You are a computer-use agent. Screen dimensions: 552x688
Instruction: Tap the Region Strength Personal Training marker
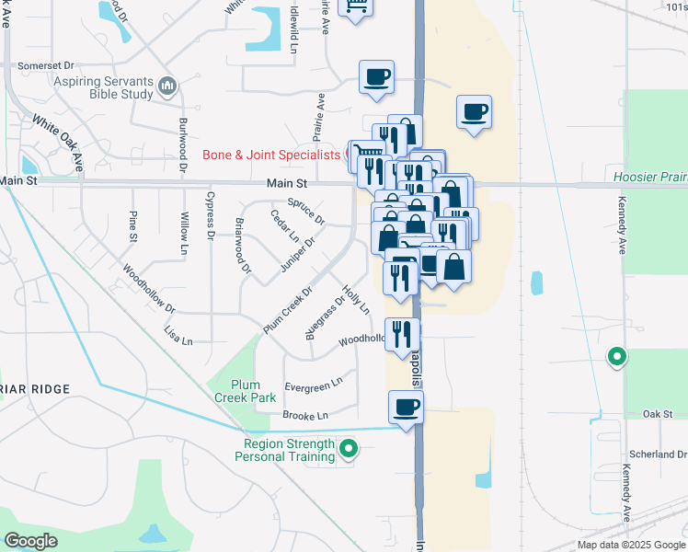[349, 449]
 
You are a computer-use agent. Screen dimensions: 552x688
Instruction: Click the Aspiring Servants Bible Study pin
[167, 87]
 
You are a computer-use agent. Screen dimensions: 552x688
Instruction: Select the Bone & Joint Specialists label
[271, 155]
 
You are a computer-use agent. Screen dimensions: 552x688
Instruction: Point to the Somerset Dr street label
[44, 66]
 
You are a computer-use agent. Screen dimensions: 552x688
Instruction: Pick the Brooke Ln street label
[305, 416]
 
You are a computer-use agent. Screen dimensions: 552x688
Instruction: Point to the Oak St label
[659, 414]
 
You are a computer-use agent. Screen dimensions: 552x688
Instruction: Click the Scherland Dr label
[658, 454]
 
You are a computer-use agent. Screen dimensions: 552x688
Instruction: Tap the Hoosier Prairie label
[649, 176]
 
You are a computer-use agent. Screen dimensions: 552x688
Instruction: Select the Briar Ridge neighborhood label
[35, 389]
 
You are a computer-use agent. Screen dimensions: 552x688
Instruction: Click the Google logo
[30, 541]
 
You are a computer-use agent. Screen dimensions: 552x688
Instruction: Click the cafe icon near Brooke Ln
[406, 408]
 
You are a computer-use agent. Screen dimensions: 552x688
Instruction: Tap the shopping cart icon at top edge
[355, 7]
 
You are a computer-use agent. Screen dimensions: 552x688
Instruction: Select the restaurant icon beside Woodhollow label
[402, 334]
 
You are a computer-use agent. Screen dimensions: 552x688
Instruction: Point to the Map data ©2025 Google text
[630, 545]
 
